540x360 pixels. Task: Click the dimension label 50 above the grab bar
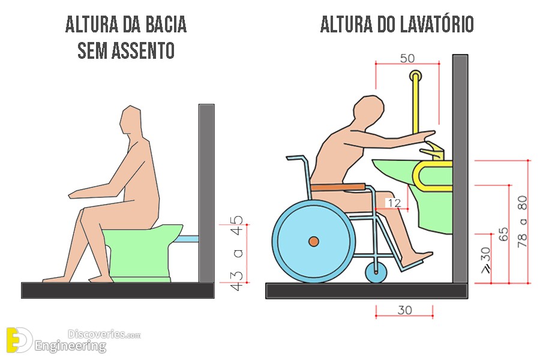[407, 58]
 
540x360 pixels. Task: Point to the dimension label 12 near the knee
[395, 203]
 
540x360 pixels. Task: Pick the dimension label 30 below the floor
[404, 310]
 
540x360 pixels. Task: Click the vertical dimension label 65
[503, 234]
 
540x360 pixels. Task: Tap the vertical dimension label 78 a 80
[523, 221]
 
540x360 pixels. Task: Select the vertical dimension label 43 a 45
[237, 253]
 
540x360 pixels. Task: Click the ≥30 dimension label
[485, 260]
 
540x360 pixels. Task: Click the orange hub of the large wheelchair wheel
[314, 241]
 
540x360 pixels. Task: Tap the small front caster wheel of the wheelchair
[376, 272]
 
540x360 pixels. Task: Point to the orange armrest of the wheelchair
[338, 187]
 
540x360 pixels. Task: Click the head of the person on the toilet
[131, 122]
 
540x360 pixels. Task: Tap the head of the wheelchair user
[368, 113]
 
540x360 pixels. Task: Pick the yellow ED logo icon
[19, 340]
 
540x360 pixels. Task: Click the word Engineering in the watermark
[70, 346]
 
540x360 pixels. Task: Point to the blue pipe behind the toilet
[187, 239]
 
